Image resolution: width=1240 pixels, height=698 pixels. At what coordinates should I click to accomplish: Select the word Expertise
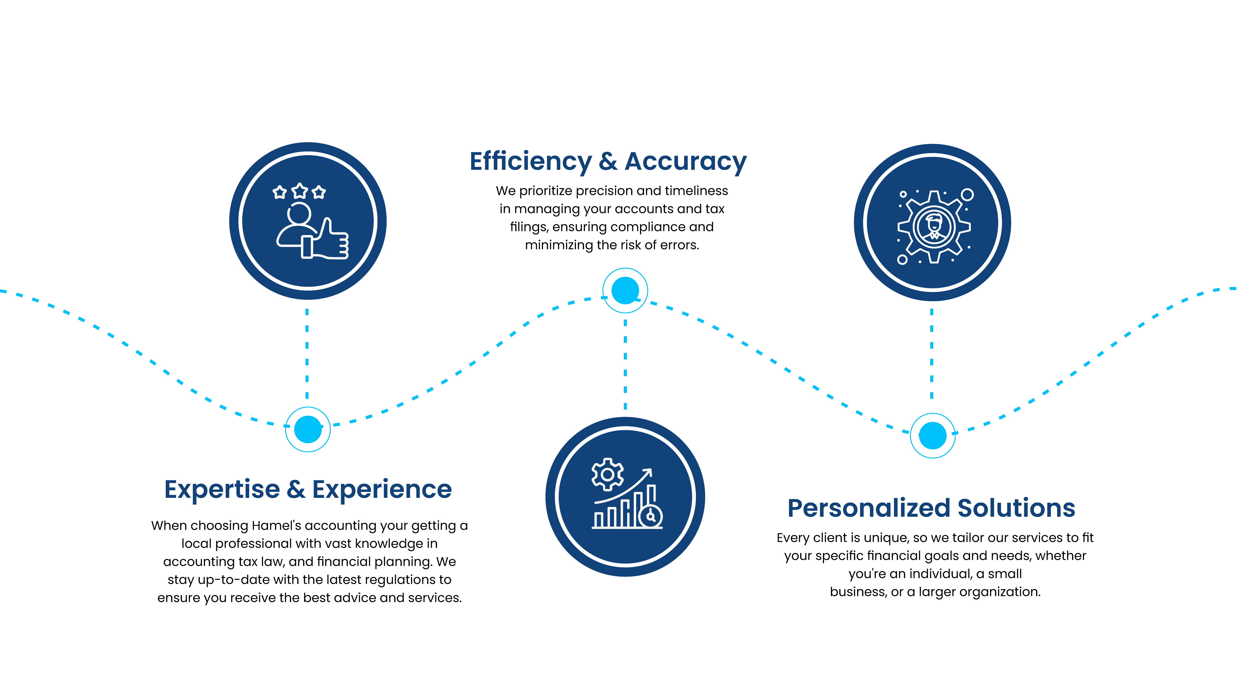(222, 489)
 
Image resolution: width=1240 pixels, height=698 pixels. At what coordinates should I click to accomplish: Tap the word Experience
(382, 489)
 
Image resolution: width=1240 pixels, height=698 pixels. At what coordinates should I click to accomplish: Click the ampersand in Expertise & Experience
(296, 489)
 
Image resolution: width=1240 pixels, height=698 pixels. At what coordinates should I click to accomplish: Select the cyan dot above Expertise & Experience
(308, 429)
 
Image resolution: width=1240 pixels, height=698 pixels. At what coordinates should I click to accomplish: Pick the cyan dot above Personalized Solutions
(932, 435)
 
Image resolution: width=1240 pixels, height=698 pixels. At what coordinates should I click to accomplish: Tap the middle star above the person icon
(299, 191)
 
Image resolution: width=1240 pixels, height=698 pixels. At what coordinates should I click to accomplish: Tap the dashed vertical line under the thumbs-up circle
(307, 354)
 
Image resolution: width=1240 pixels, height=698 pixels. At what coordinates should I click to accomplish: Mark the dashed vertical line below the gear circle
(931, 354)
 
